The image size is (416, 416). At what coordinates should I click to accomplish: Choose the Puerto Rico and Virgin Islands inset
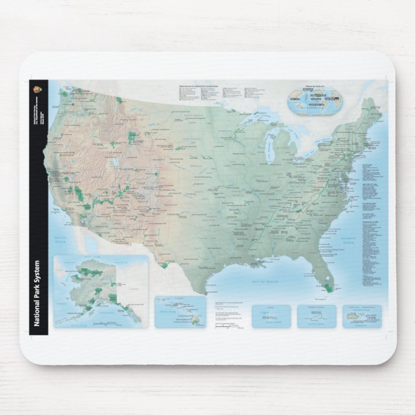tap(362, 316)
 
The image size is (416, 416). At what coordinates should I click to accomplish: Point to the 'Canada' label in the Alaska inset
tap(134, 289)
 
